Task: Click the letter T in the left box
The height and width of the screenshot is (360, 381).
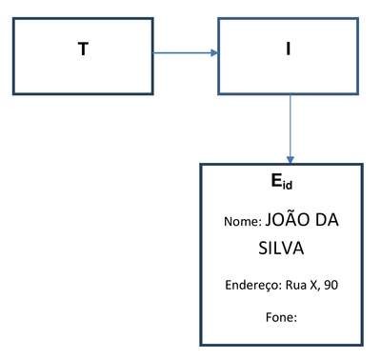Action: pyautogui.click(x=83, y=50)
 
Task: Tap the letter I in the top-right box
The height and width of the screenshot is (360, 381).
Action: pyautogui.click(x=288, y=50)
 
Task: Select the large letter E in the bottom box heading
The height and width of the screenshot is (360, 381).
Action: pyautogui.click(x=276, y=180)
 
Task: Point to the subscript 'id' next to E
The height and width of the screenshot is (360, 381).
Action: pyautogui.click(x=287, y=185)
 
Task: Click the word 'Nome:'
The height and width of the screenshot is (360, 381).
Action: pyautogui.click(x=243, y=222)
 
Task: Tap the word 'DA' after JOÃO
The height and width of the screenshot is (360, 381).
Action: pyautogui.click(x=328, y=220)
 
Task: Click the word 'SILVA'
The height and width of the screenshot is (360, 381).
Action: pyautogui.click(x=281, y=248)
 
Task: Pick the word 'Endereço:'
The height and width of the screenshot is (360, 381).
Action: pyautogui.click(x=253, y=285)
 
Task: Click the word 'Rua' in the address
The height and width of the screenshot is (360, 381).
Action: pyautogui.click(x=296, y=285)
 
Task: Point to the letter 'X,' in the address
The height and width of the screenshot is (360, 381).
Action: pyautogui.click(x=314, y=286)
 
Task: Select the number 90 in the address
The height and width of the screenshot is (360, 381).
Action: pyautogui.click(x=331, y=285)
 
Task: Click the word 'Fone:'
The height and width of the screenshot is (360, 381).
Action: pyautogui.click(x=281, y=317)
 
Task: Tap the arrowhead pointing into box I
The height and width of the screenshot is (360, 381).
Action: pyautogui.click(x=214, y=52)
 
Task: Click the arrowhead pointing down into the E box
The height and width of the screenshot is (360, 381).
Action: pyautogui.click(x=291, y=160)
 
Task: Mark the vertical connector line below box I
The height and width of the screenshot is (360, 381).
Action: pyautogui.click(x=291, y=129)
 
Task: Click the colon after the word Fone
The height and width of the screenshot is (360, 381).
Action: pyautogui.click(x=295, y=318)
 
